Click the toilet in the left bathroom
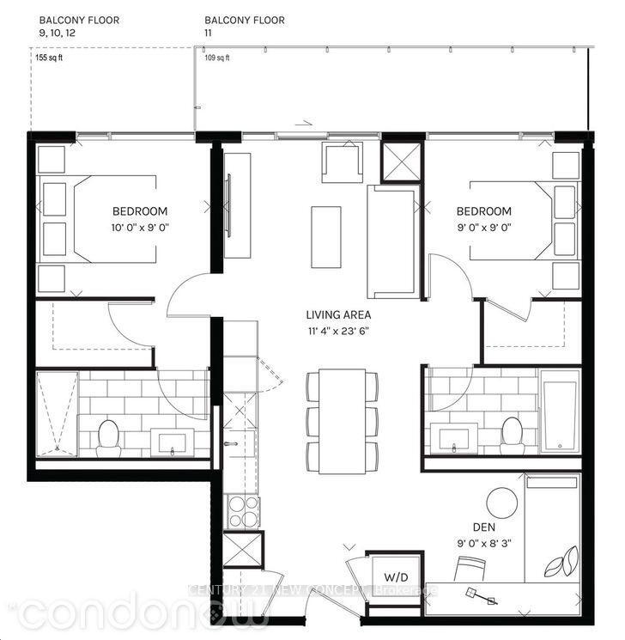point(108,437)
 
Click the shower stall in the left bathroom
point(56,413)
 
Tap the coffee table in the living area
point(325,236)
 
